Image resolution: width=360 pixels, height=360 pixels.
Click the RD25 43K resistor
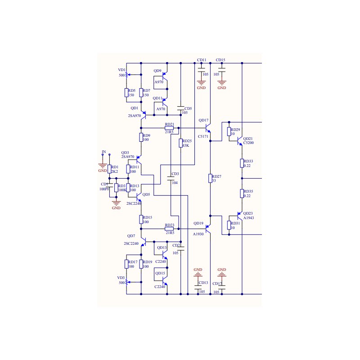(x=180, y=143)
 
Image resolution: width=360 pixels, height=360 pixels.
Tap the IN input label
(x=103, y=152)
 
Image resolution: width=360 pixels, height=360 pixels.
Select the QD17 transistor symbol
(x=208, y=128)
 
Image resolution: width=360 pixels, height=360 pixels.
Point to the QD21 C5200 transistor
(x=240, y=140)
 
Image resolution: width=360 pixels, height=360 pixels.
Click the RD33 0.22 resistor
(x=242, y=163)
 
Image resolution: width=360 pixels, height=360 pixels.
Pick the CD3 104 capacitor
(x=171, y=180)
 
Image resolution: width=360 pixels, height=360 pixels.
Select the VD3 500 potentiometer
(x=126, y=283)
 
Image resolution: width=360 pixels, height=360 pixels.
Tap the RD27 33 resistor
(x=210, y=178)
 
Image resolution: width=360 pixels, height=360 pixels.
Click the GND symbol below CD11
(x=201, y=83)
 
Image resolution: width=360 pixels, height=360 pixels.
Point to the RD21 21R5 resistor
(x=169, y=128)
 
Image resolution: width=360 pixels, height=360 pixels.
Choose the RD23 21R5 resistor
(x=169, y=229)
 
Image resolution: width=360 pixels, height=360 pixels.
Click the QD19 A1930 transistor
(x=208, y=230)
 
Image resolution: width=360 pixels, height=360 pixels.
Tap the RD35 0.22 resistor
(x=242, y=193)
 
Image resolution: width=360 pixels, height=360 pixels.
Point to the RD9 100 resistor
(x=141, y=137)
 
